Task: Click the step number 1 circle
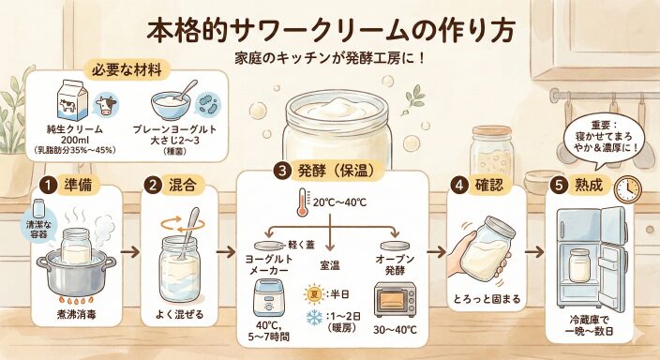pos(49,186)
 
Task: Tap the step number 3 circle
pos(282,171)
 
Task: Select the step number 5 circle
pos(560,186)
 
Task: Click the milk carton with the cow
pos(72,101)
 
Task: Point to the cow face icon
pos(106,105)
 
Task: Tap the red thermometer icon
pos(303,202)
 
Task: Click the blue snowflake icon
pos(314,317)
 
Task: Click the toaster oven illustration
pos(396,299)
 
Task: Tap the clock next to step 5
pos(627,189)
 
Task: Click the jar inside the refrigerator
pos(578,265)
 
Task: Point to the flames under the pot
pos(76,300)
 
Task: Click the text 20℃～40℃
pos(339,202)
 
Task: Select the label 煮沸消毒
pos(76,314)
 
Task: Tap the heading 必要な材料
pos(127,70)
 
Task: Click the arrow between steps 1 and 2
pos(130,252)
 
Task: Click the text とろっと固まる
pos(487,299)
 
